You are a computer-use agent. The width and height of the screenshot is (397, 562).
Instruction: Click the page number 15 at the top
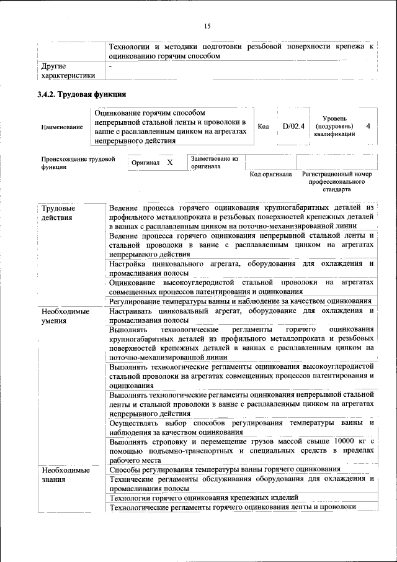point(207,25)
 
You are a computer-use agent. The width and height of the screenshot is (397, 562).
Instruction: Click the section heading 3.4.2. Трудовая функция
point(82,95)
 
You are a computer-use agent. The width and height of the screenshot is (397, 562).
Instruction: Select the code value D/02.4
point(293,126)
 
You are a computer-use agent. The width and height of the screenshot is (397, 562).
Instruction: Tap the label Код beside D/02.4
point(264,127)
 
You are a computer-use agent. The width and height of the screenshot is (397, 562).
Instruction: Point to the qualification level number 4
point(368,126)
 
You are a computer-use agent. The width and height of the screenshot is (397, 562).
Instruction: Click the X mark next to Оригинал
point(169,162)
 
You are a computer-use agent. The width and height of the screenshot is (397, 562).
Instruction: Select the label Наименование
point(62,127)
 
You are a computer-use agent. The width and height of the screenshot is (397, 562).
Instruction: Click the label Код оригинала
point(270,174)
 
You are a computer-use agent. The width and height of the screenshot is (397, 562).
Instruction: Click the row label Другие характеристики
point(68,70)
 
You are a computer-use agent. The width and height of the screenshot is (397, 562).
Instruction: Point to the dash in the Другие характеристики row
point(110,65)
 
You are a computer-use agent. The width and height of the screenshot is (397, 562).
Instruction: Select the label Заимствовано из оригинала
point(215,163)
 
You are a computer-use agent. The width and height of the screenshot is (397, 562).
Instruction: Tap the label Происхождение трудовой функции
point(78,163)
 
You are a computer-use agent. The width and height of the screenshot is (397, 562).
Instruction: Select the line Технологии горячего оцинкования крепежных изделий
point(204,498)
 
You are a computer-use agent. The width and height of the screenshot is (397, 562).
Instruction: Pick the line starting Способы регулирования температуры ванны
point(224,469)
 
